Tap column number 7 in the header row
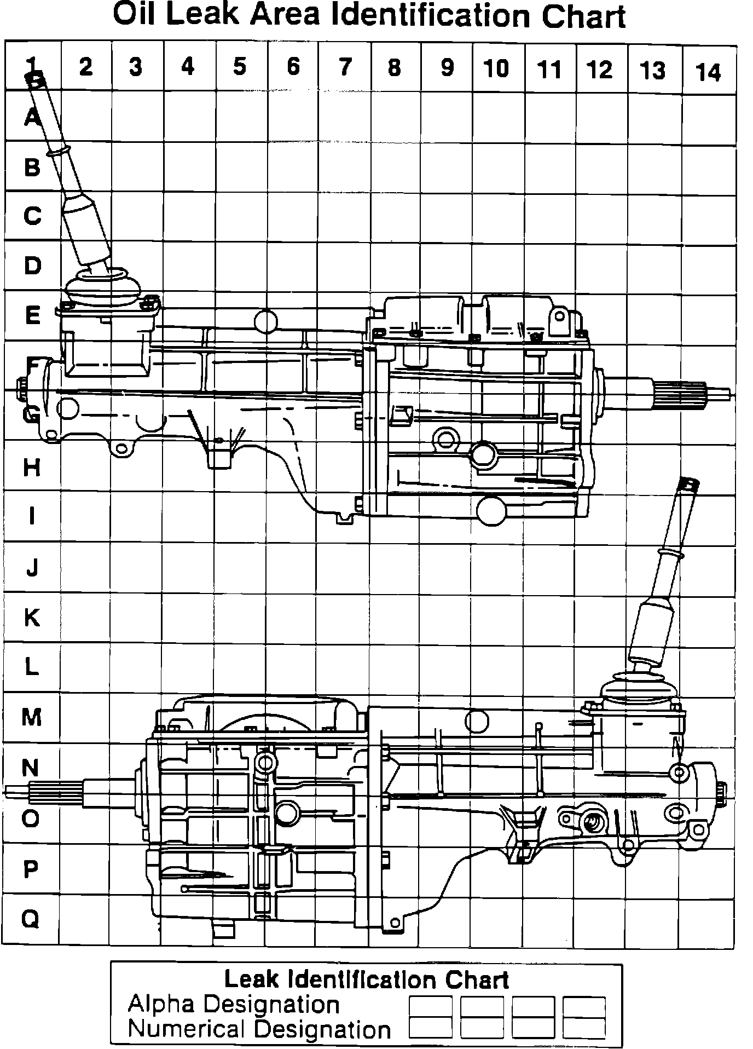pos(345,67)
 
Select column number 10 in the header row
pos(497,68)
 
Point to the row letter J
pos(32,568)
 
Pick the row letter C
pos(32,216)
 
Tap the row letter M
pos(32,717)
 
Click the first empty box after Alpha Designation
pos(431,1006)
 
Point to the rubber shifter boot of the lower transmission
pos(639,687)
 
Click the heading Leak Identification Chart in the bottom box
pos(367,979)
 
